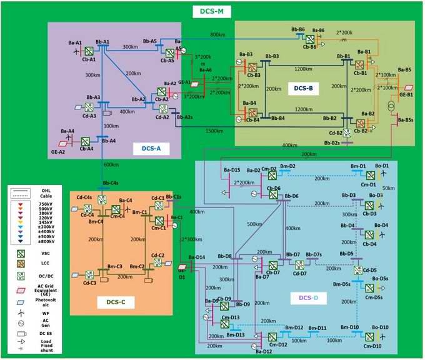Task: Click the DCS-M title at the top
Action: [213, 11]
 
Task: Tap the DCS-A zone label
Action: [148, 148]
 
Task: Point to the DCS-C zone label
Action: [116, 302]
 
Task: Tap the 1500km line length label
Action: [214, 131]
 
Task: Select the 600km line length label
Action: [111, 165]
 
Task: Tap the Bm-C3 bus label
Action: [97, 266]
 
